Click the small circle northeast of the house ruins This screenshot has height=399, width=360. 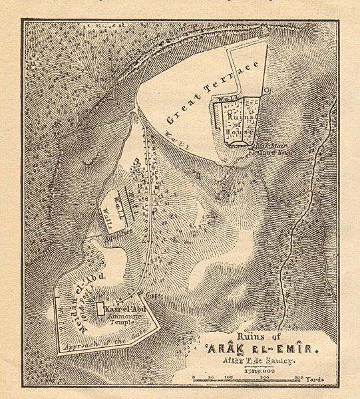pyautogui.click(x=266, y=90)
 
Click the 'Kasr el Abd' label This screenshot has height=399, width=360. pyautogui.click(x=125, y=309)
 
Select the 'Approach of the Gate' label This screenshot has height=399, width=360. pyautogui.click(x=100, y=341)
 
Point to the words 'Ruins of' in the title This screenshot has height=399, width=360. pyautogui.click(x=250, y=334)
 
